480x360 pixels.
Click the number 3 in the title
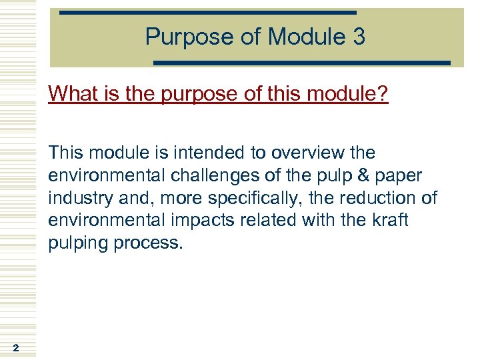tap(358, 37)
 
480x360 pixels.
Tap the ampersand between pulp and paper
tap(361, 175)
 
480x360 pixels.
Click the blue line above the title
tap(207, 13)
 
